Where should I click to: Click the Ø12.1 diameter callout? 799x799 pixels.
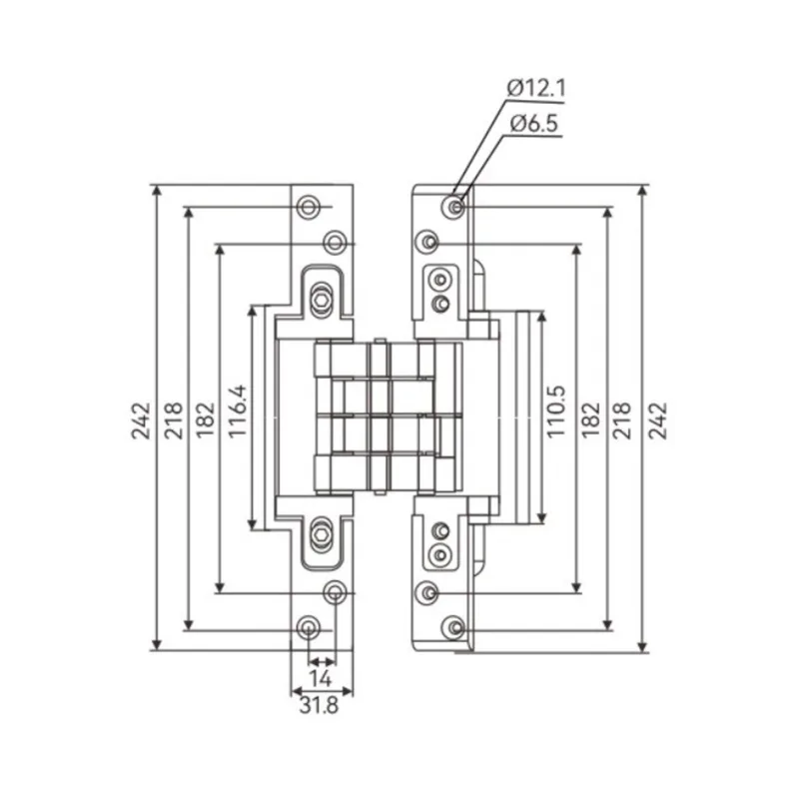[x=536, y=89]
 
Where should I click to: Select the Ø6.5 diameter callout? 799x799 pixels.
[x=534, y=123]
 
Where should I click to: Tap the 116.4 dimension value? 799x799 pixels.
[x=238, y=411]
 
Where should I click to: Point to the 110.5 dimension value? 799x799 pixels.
[x=556, y=411]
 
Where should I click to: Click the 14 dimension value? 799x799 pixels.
[x=320, y=679]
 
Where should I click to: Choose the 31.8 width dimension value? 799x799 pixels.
[x=319, y=706]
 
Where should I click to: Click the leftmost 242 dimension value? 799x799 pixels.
[x=141, y=420]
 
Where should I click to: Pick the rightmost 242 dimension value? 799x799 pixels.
[x=657, y=420]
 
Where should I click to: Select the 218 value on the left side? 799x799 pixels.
[x=173, y=420]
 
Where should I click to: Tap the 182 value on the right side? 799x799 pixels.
[x=591, y=420]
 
